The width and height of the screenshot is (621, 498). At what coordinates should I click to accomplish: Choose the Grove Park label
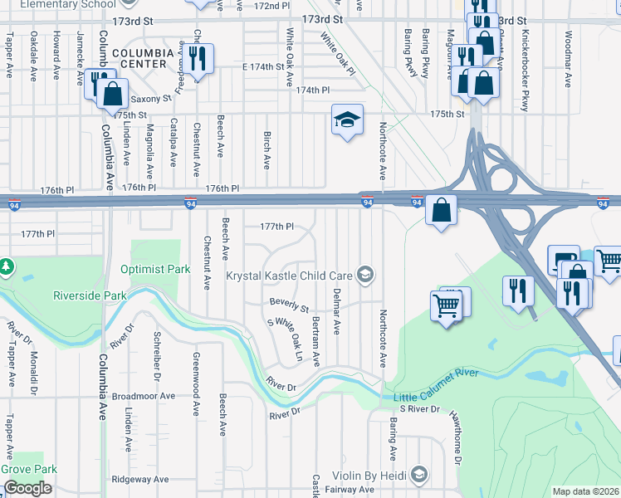27,469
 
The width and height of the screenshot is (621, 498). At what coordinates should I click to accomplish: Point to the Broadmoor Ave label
144,396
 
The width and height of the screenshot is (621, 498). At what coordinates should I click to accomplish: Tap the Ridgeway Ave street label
140,479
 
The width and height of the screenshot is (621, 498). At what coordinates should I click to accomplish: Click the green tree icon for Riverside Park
7,266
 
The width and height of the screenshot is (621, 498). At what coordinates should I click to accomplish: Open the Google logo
27,488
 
